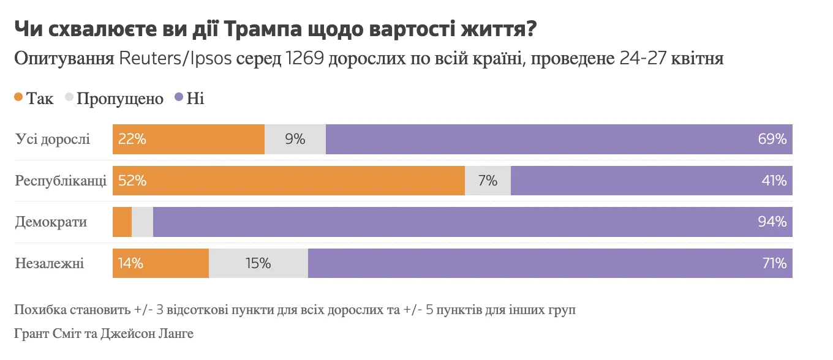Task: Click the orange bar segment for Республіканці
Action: point(288,181)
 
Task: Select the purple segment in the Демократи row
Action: point(472,222)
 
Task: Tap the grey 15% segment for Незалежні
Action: point(258,263)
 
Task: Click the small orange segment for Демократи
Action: point(122,222)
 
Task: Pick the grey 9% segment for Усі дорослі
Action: point(295,139)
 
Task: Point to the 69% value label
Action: point(772,139)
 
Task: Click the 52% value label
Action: point(132,181)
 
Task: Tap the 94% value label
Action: point(772,222)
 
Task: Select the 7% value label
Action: point(488,181)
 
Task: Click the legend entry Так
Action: point(34,99)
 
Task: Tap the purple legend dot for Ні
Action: point(179,98)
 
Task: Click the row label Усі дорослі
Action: point(53,139)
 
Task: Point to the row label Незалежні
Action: point(50,263)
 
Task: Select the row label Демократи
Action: point(51,222)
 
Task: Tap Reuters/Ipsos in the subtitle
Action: point(175,59)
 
